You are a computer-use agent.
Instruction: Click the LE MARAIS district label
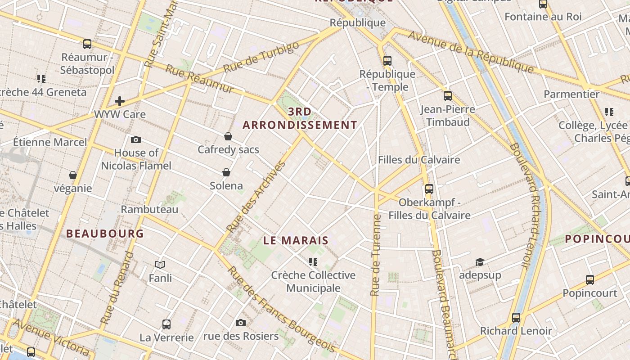(296, 241)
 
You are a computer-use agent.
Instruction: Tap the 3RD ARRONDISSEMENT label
(300, 118)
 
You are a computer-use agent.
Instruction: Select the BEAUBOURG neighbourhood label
(105, 234)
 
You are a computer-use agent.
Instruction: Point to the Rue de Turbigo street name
(261, 57)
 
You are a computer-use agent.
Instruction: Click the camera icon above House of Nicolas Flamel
(135, 140)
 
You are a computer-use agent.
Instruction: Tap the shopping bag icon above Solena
(226, 172)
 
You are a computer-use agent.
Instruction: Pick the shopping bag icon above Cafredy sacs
(228, 136)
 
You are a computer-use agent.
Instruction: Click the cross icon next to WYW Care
(119, 101)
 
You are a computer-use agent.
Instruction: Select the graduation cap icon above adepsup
(480, 262)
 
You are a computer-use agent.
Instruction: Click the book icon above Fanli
(160, 265)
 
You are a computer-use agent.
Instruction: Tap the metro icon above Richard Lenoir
(516, 318)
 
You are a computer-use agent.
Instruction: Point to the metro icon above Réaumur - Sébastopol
(87, 44)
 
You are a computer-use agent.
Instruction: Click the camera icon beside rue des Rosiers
(241, 323)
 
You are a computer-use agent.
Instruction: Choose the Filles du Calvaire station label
(418, 160)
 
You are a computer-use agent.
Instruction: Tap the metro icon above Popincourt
(589, 280)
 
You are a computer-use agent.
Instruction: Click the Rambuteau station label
(149, 209)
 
